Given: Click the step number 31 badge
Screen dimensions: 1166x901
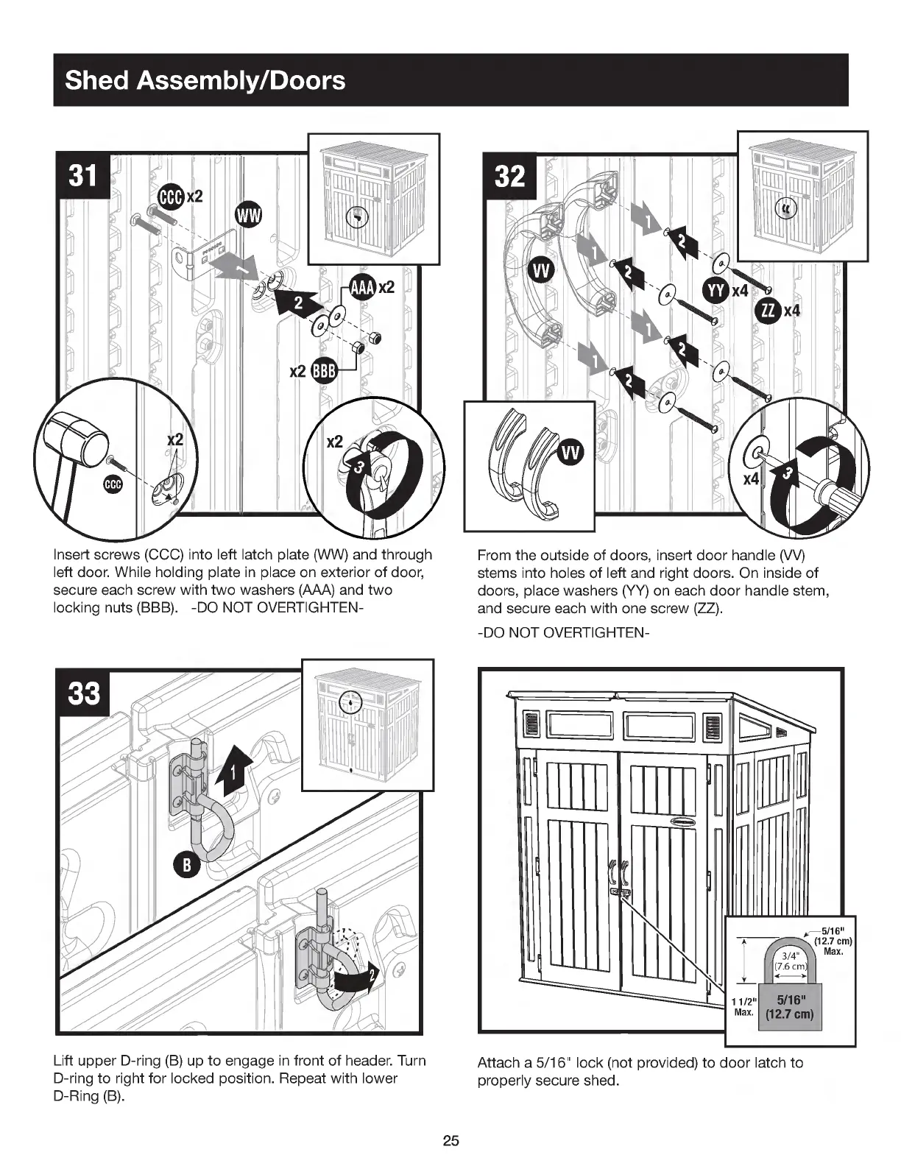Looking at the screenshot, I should [x=82, y=177].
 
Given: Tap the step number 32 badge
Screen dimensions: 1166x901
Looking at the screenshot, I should [x=509, y=177].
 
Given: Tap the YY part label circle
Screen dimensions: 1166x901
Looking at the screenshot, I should [x=716, y=291].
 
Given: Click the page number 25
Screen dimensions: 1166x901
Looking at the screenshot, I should [x=451, y=1141].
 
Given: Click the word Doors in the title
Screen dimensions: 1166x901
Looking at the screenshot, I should [x=308, y=79].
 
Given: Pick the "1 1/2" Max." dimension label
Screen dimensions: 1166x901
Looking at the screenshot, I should [x=743, y=1006].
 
